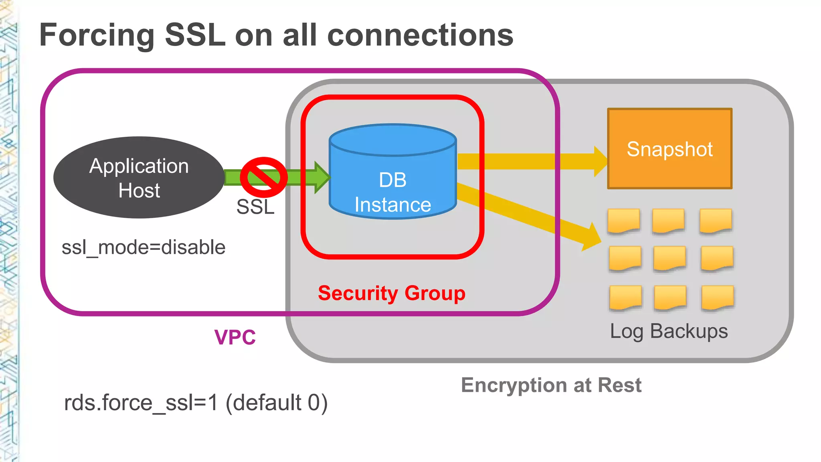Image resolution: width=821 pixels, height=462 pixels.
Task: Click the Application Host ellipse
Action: (139, 178)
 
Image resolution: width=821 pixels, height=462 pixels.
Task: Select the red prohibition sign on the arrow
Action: (263, 177)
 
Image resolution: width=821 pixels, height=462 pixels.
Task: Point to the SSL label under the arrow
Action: (255, 207)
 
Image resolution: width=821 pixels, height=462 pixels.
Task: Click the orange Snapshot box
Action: (669, 148)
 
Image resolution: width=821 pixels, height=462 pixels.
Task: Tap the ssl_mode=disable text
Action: (143, 247)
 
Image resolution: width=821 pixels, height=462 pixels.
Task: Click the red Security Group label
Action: (392, 293)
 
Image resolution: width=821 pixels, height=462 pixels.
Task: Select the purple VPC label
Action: (235, 337)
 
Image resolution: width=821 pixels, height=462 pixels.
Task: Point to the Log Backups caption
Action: (669, 331)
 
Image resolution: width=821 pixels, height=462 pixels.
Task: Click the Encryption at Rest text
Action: (551, 385)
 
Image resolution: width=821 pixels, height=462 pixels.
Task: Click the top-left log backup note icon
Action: (623, 221)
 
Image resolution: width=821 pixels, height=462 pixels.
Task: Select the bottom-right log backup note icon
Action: (718, 298)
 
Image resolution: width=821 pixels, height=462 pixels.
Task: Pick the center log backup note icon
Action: (669, 259)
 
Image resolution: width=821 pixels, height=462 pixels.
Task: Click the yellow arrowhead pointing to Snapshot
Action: (600, 161)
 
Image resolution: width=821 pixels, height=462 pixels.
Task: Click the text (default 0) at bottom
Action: (277, 403)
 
